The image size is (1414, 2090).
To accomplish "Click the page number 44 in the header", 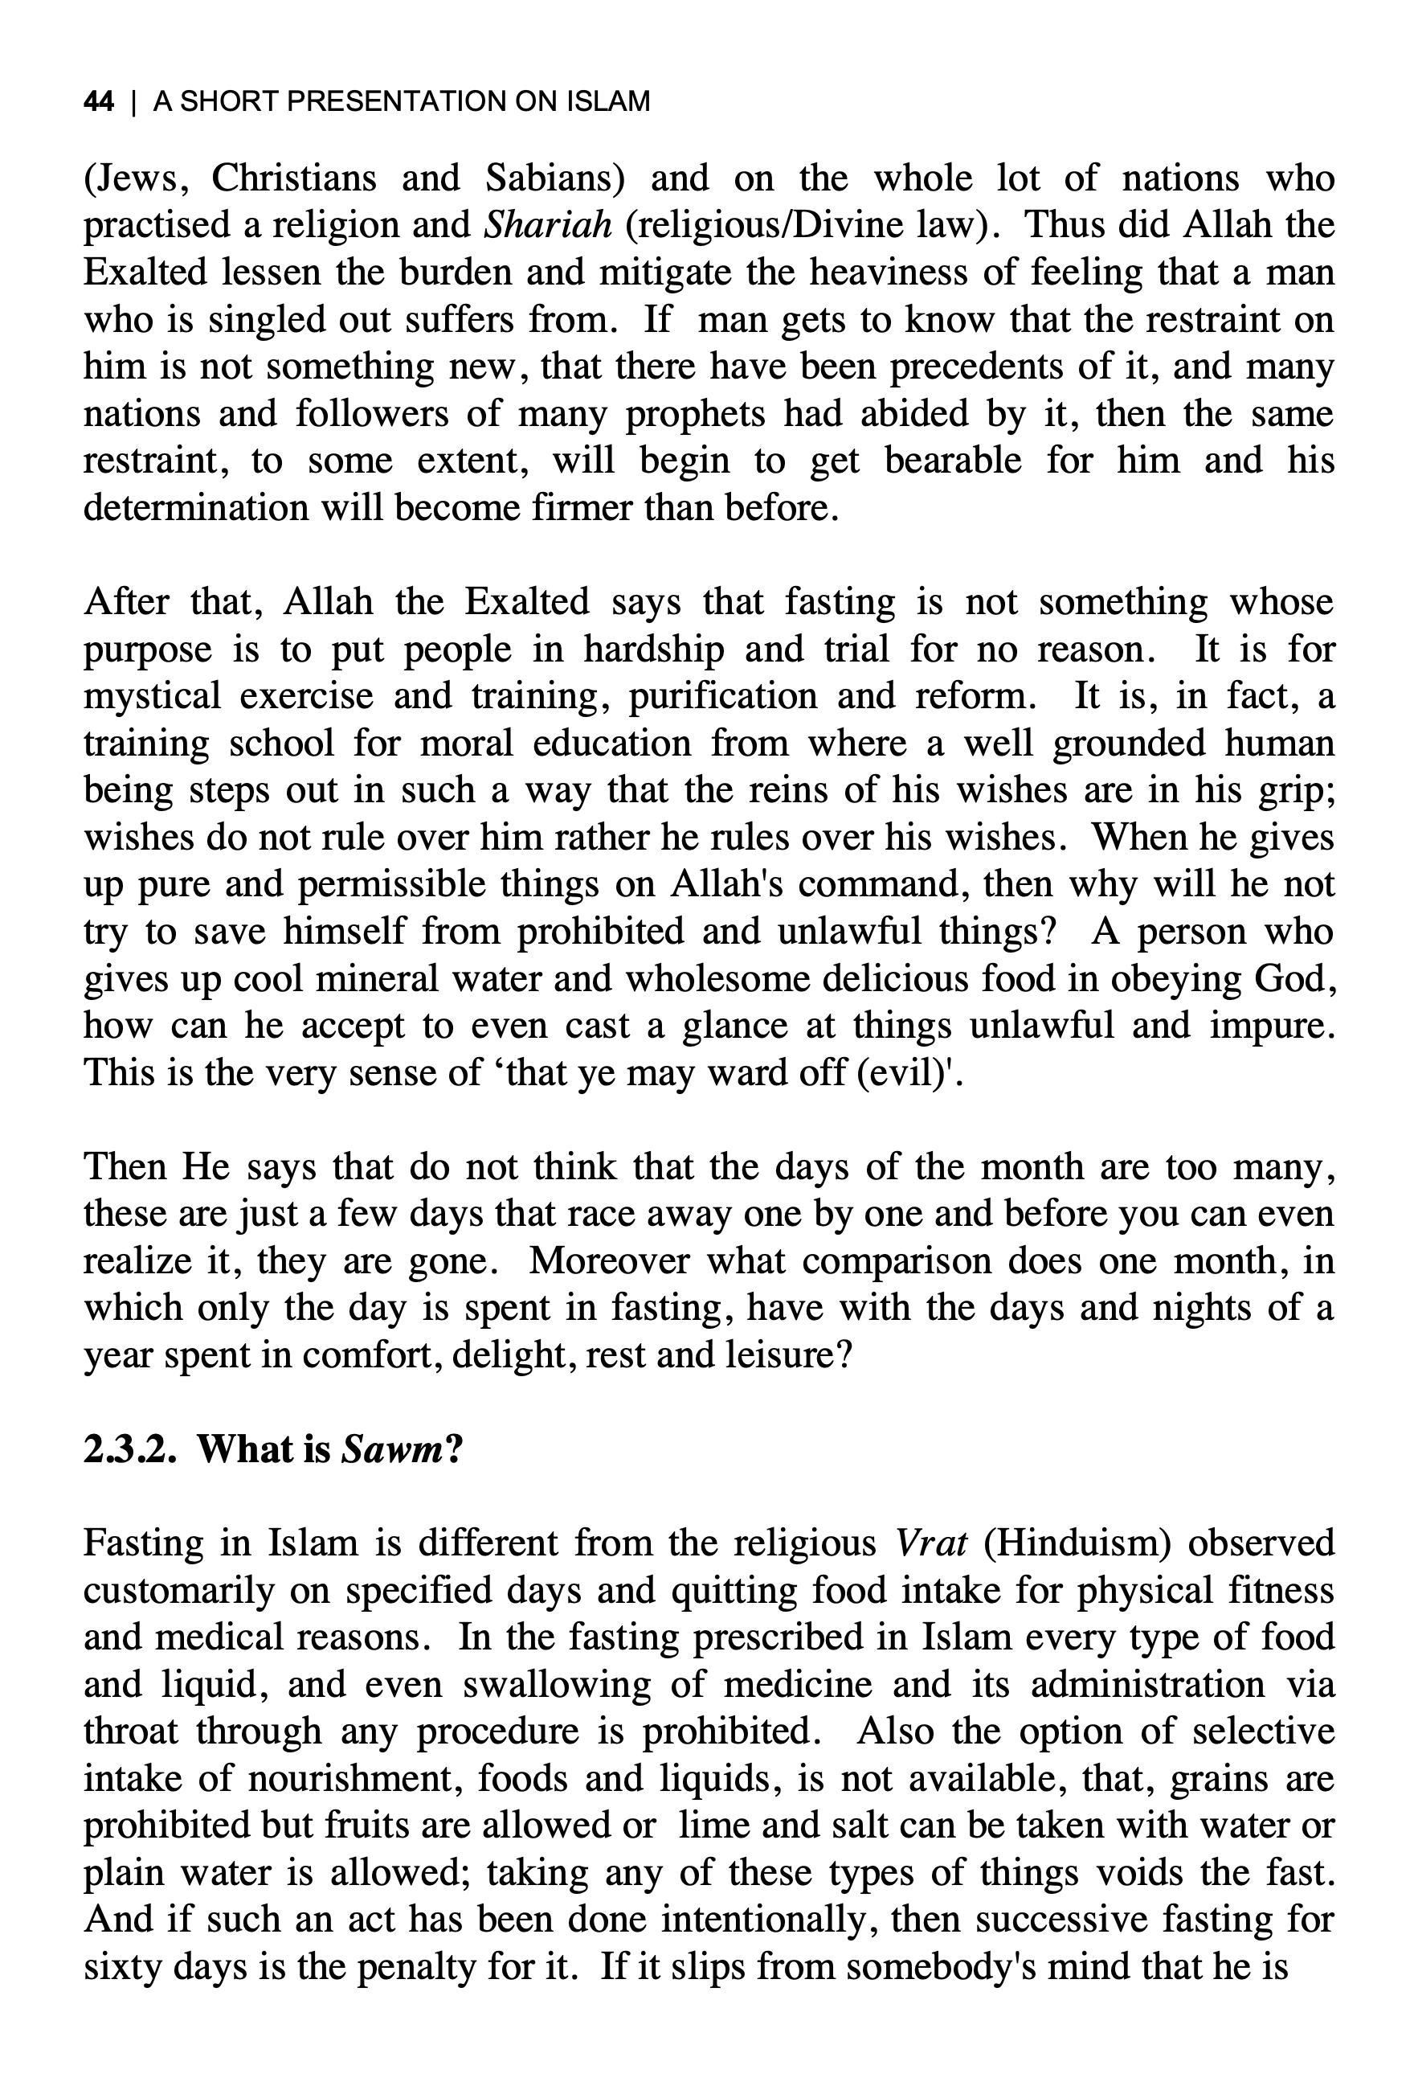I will pos(98,101).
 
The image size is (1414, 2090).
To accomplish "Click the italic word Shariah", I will pos(547,225).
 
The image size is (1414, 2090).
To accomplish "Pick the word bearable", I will pos(953,461).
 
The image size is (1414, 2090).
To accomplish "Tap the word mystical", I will pos(152,696).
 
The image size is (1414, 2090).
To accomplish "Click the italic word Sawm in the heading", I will pos(391,1448).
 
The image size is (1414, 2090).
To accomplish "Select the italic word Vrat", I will pos(932,1543).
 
